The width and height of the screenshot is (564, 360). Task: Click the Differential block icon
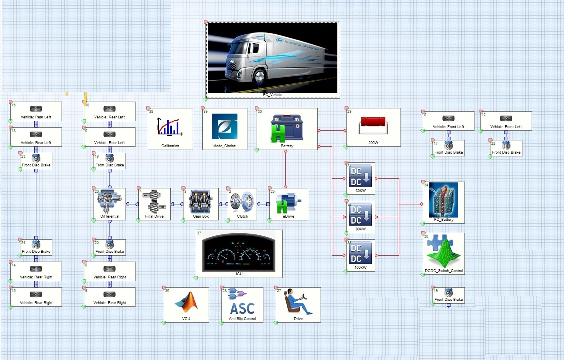[x=109, y=201]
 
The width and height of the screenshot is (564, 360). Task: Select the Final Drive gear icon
[x=154, y=201]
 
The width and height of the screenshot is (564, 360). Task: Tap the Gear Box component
[x=201, y=201]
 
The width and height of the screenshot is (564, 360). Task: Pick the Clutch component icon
[x=242, y=201]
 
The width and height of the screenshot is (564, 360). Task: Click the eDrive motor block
[x=288, y=202]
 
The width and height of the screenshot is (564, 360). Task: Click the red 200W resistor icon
[x=373, y=124]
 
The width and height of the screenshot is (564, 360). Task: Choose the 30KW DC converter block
[x=361, y=177]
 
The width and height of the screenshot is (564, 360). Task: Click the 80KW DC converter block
[x=361, y=215]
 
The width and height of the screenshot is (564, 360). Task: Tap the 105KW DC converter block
[x=361, y=254]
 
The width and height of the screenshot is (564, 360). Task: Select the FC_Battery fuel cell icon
[x=444, y=200]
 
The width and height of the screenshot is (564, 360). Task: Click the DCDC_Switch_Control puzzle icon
[x=444, y=251]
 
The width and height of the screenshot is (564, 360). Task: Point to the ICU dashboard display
[x=239, y=252]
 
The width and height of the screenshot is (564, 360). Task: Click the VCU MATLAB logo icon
[x=186, y=302]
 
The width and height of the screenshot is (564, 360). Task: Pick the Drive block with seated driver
[x=298, y=302]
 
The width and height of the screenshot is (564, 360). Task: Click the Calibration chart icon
[x=170, y=127]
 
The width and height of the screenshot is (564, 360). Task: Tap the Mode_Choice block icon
[x=224, y=126]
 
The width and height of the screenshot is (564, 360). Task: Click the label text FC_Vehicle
[x=273, y=95]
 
